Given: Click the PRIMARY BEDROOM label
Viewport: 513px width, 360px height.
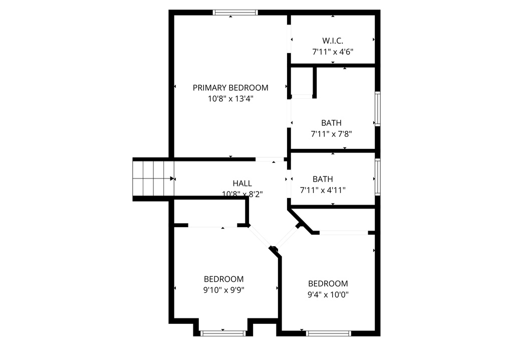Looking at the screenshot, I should pos(230,88).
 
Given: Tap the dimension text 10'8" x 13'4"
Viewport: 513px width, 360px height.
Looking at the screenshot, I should pos(230,99).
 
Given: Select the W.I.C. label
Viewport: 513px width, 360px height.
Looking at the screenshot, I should pos(333,41).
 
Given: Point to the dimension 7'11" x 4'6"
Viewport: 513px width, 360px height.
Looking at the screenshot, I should pos(333,52).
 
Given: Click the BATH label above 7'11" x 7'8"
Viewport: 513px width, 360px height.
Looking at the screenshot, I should pos(331,123).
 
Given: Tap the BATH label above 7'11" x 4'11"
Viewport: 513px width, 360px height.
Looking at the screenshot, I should pos(323,179).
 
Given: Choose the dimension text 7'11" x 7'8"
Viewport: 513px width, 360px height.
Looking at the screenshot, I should pos(331,134).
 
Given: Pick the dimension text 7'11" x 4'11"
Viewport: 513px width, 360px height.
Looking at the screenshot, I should pos(323,190).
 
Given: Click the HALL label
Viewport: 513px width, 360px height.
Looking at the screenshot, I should pos(242,184).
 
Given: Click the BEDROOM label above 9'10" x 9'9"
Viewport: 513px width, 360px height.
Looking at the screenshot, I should pos(223,279).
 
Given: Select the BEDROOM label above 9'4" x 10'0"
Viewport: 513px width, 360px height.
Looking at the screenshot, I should pos(328,283).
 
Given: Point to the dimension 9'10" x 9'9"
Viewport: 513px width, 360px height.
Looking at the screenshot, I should pos(223,290).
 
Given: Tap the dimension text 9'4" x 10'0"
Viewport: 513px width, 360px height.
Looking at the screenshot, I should pos(328,294).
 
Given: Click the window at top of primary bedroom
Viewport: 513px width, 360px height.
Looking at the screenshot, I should pos(235,13).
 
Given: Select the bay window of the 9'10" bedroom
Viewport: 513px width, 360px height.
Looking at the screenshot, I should pos(223,332).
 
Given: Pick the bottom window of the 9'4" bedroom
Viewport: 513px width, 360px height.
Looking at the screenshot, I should pos(328,333).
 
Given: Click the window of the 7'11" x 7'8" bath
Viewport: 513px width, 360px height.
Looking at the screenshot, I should pos(378,108).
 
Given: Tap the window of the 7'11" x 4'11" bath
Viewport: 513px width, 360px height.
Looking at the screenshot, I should pos(378,175).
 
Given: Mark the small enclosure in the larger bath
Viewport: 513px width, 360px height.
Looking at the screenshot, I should pos(302,81).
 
